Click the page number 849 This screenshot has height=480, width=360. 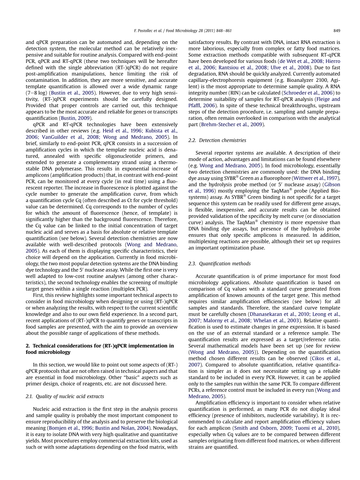(x=336, y=31)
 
